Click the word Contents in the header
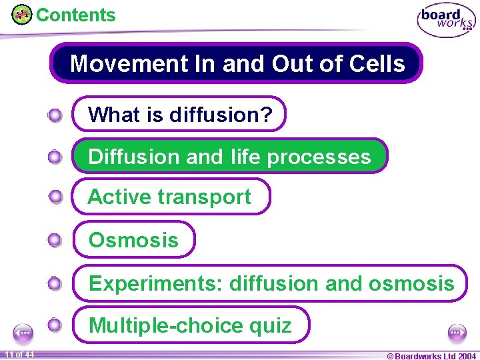pyautogui.click(x=75, y=15)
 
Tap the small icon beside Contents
pyautogui.click(x=22, y=15)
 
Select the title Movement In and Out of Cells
pyautogui.click(x=237, y=63)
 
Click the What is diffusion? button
pyautogui.click(x=179, y=115)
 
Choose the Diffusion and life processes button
pyautogui.click(x=229, y=157)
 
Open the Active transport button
pyautogui.click(x=171, y=197)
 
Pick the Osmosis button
pyautogui.click(x=133, y=240)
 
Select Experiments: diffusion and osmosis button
pyautogui.click(x=271, y=283)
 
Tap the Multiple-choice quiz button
pyautogui.click(x=190, y=325)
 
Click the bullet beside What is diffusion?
pyautogui.click(x=55, y=115)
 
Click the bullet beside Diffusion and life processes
pyautogui.click(x=55, y=157)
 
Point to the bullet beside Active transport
pyautogui.click(x=55, y=197)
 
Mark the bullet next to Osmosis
pyautogui.click(x=55, y=240)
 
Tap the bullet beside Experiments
pyautogui.click(x=55, y=283)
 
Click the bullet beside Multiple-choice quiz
pyautogui.click(x=55, y=325)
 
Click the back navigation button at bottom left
pyautogui.click(x=24, y=333)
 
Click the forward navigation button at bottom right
pyautogui.click(x=457, y=333)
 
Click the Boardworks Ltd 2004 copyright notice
pyautogui.click(x=431, y=355)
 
